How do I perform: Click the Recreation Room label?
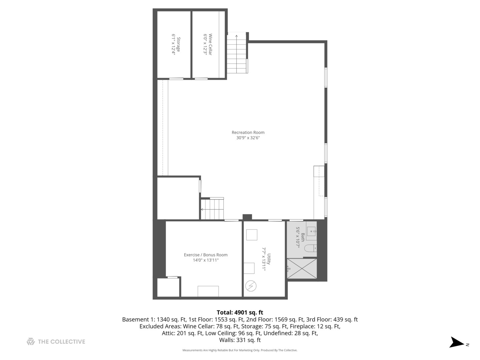(248, 132)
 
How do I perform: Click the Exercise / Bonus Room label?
(206, 255)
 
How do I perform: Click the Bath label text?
(303, 237)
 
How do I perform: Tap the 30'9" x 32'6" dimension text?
(248, 138)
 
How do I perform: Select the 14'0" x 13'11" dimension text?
(206, 260)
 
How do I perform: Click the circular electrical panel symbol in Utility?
(251, 286)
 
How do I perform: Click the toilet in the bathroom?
(310, 248)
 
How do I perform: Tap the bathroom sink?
(311, 231)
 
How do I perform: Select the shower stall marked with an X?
(302, 269)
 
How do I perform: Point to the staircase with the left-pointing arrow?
(212, 209)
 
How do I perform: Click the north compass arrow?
(457, 343)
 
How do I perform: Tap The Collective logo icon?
(31, 341)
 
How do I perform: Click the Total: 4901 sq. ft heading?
(240, 312)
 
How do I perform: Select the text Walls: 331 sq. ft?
(240, 340)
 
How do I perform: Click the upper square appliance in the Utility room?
(252, 235)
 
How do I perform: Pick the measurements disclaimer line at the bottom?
(240, 350)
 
